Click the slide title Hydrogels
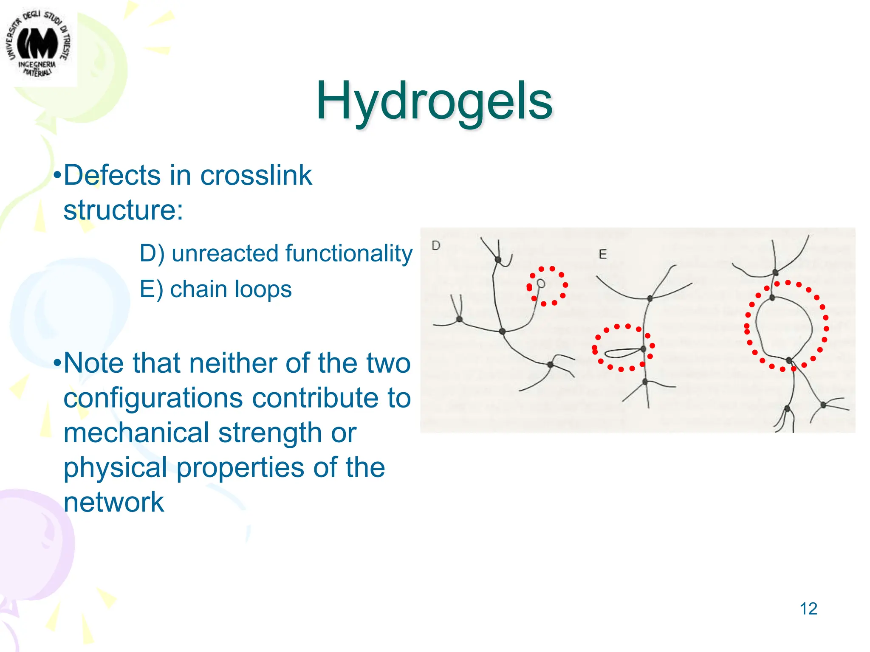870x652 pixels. (434, 101)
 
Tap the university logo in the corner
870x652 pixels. (38, 45)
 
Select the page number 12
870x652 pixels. (808, 609)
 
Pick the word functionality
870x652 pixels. (348, 253)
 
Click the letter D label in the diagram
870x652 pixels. (436, 245)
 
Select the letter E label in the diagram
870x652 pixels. (602, 254)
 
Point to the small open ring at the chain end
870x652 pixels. (541, 283)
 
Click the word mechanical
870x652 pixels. (136, 433)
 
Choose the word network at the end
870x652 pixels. (113, 503)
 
